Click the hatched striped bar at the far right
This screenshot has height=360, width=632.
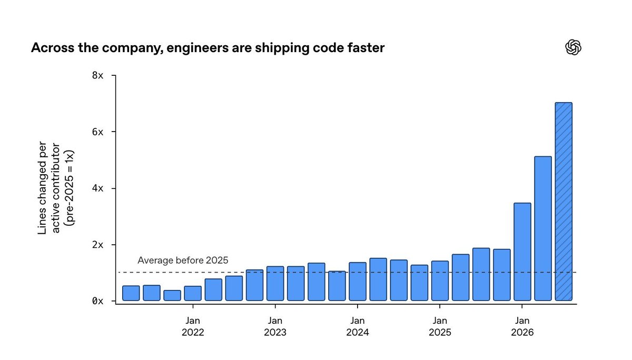[x=564, y=202]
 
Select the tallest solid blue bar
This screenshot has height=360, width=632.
[x=543, y=228]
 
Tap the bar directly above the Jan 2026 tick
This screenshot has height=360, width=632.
[x=522, y=252]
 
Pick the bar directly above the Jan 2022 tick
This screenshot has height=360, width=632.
[x=193, y=294]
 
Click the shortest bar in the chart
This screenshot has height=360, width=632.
[x=172, y=295]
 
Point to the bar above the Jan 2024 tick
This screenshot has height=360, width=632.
[x=358, y=282]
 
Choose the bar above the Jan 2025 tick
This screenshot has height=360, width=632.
[x=440, y=281]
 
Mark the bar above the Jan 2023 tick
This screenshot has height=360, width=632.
[x=275, y=283]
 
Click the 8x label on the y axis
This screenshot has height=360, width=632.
[x=97, y=75]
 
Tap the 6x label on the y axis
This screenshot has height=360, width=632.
[x=97, y=132]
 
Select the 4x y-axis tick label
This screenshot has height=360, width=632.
[x=97, y=188]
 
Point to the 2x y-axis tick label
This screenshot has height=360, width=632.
[x=97, y=245]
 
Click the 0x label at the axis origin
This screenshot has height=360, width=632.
[x=97, y=301]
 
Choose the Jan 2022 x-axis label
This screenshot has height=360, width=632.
[x=193, y=326]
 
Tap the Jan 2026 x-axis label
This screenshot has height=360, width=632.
[x=522, y=326]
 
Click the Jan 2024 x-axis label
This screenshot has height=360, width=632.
[x=358, y=326]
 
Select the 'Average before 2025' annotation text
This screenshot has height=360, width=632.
[x=183, y=260]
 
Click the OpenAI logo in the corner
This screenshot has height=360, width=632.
[x=574, y=47]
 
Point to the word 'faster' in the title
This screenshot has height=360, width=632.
[x=366, y=47]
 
